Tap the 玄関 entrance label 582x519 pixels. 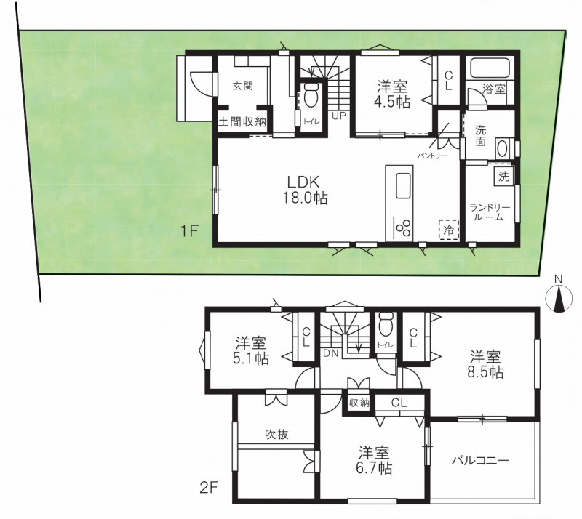243,86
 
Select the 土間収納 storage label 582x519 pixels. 242,121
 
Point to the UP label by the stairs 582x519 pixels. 338,116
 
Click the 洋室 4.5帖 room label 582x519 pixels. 393,94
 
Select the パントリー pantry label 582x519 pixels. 432,156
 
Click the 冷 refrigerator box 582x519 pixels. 449,230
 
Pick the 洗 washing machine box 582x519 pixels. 503,177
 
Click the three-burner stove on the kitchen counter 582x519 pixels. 403,227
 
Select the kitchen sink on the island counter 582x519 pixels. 404,185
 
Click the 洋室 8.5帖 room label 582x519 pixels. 485,364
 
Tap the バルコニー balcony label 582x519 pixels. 481,461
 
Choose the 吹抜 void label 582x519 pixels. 276,434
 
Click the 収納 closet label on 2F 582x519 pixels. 359,403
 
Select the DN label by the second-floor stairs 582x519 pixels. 330,353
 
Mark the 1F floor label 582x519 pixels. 188,231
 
